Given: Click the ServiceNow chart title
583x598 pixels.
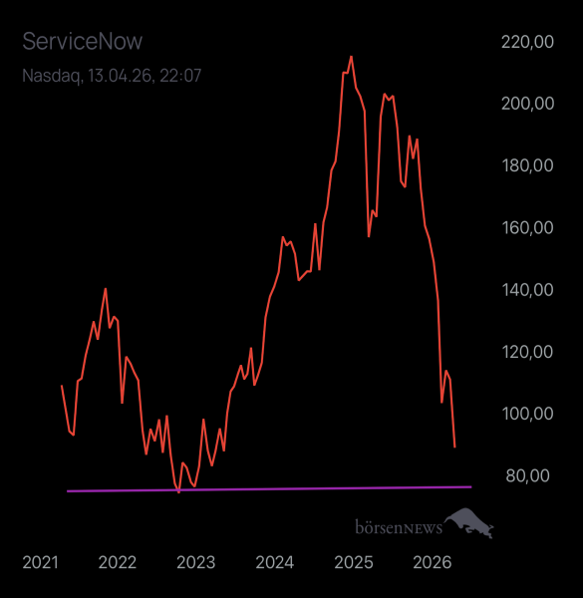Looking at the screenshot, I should pyautogui.click(x=83, y=41).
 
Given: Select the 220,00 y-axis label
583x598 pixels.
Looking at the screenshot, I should pyautogui.click(x=528, y=42).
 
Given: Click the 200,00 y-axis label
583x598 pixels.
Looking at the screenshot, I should pyautogui.click(x=528, y=104).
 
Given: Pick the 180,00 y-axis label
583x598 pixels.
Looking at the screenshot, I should pyautogui.click(x=528, y=165).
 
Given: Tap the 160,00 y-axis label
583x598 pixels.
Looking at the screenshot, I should pyautogui.click(x=528, y=227).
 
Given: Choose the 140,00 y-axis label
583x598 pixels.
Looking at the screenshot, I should pyautogui.click(x=528, y=290).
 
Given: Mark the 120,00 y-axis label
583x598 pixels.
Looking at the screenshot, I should pyautogui.click(x=528, y=352).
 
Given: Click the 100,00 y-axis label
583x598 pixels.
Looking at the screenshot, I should pyautogui.click(x=528, y=414).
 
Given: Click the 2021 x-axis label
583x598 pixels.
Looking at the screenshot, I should pyautogui.click(x=41, y=562).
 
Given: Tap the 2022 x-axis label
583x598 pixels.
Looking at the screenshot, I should pyautogui.click(x=118, y=562).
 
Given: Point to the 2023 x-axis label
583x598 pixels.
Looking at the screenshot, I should pyautogui.click(x=195, y=562).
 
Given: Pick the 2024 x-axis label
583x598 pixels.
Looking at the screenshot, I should pyautogui.click(x=274, y=562).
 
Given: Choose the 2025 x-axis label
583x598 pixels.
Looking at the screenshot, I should pyautogui.click(x=352, y=562).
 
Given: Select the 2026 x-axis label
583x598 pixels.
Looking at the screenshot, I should pyautogui.click(x=430, y=562).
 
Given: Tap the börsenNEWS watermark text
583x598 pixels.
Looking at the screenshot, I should pyautogui.click(x=398, y=525).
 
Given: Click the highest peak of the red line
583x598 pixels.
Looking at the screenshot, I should pyautogui.click(x=351, y=57).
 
